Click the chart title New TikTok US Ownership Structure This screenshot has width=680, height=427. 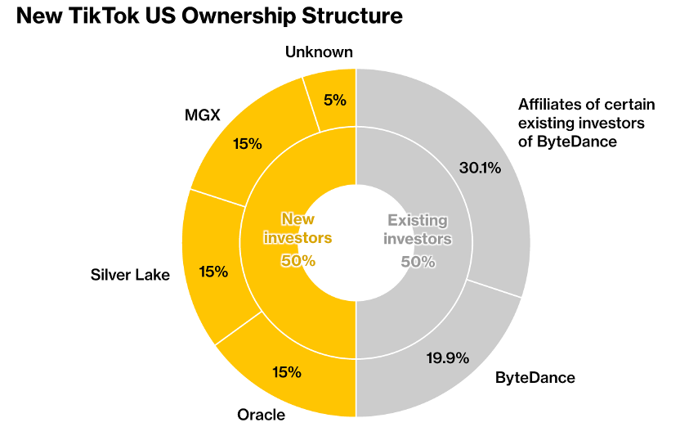(208, 16)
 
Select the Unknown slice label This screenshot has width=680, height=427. (319, 52)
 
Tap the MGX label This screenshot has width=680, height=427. (203, 115)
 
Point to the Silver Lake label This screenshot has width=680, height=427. (130, 275)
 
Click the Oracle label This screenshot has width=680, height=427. (261, 415)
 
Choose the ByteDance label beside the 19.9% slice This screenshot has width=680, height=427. (535, 378)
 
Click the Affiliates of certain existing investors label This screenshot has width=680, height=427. (581, 123)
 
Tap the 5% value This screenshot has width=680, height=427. (335, 101)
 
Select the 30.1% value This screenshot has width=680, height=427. (480, 169)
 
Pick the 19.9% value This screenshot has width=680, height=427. (448, 357)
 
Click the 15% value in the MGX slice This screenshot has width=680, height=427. (247, 144)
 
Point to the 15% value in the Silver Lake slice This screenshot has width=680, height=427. (213, 272)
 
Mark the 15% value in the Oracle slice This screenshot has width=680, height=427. (287, 372)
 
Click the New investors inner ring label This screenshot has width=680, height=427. (297, 229)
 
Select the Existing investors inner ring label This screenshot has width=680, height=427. (418, 230)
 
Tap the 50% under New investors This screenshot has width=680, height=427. (298, 261)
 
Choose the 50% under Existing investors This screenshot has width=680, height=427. (418, 262)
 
